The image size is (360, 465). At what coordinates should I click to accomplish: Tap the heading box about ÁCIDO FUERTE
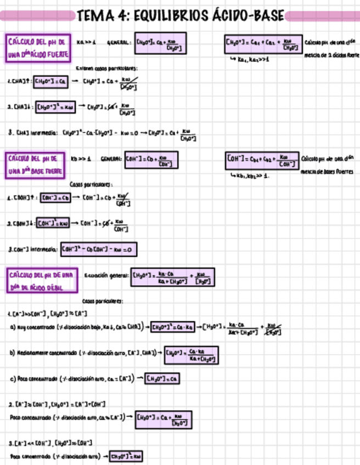38,49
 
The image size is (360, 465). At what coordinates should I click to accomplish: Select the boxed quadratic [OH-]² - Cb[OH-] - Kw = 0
99,250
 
